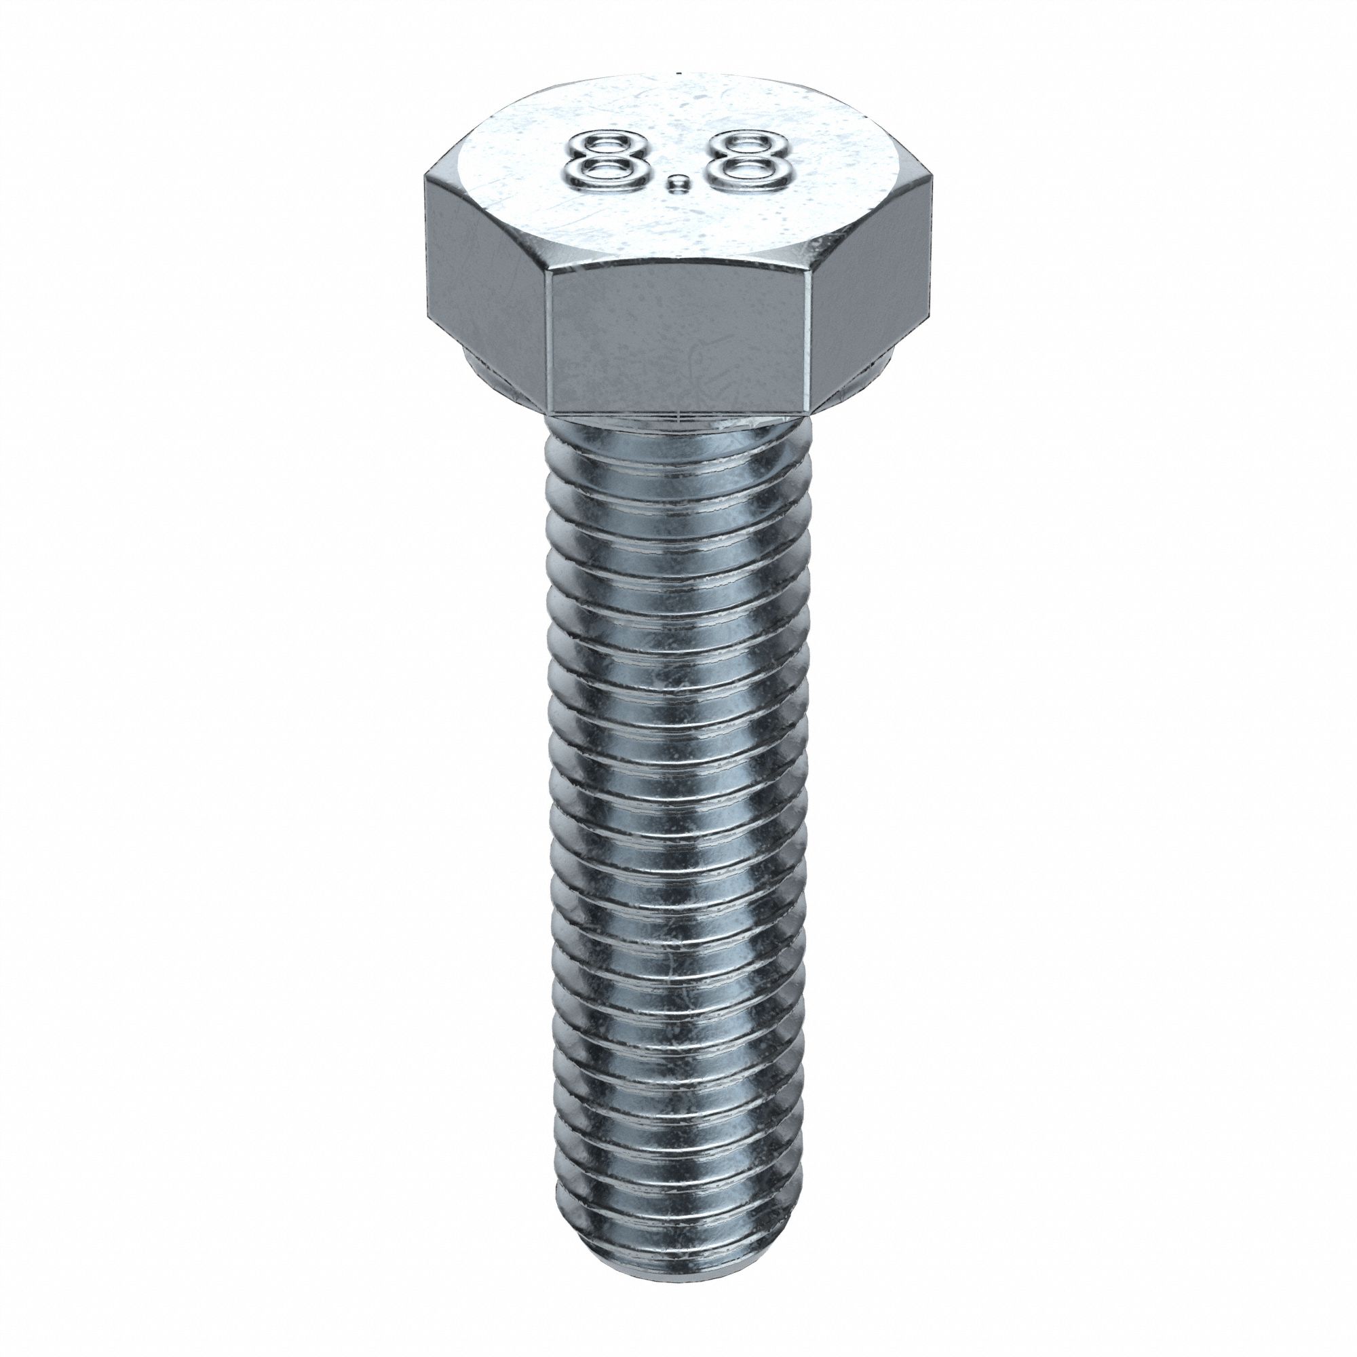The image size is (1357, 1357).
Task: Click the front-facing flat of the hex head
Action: click(x=680, y=344)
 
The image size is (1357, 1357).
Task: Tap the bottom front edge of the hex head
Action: click(x=680, y=413)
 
